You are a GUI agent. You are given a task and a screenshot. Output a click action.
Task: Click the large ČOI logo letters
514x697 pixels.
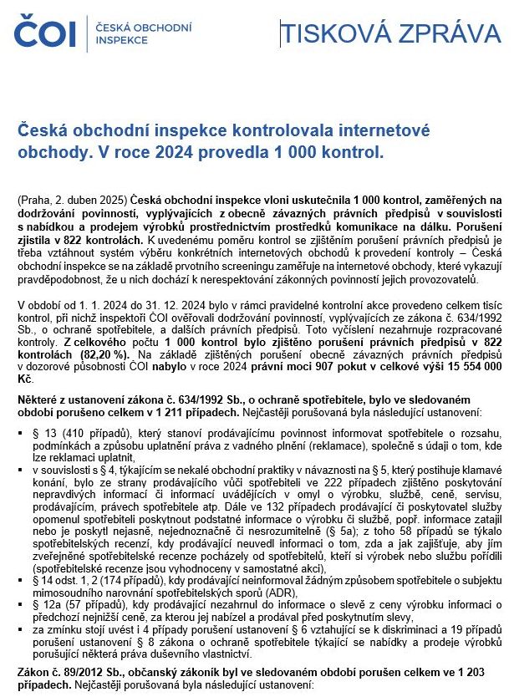pyautogui.click(x=44, y=33)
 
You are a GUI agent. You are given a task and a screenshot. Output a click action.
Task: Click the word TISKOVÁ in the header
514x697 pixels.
pyautogui.click(x=333, y=33)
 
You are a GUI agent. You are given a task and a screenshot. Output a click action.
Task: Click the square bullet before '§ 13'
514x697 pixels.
pyautogui.click(x=20, y=432)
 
